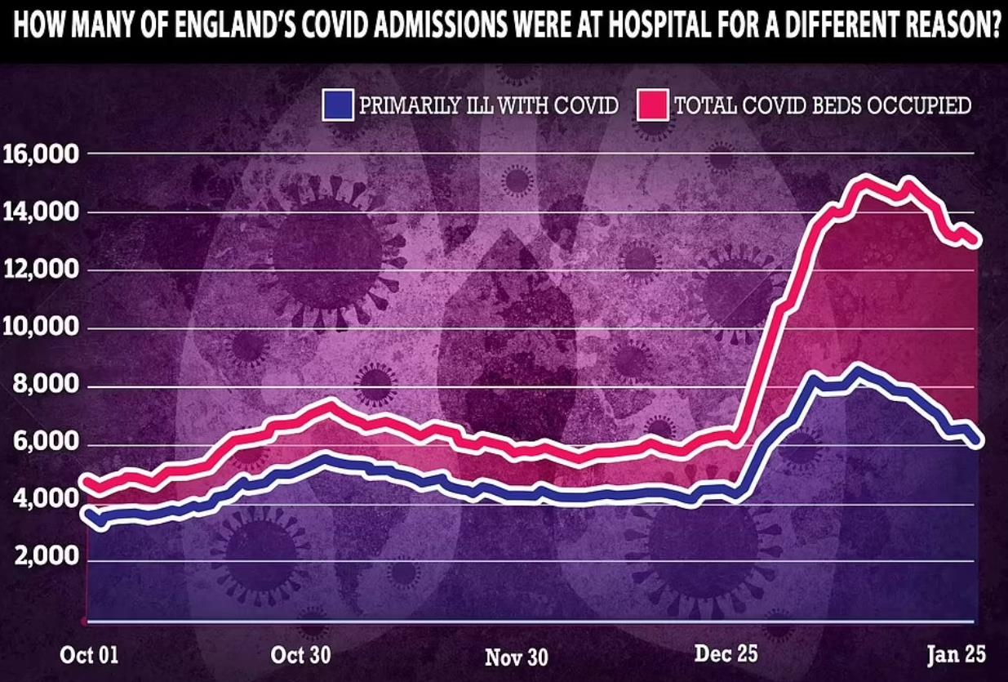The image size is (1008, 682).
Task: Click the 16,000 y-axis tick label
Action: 42,154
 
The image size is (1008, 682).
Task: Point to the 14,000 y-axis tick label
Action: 42,212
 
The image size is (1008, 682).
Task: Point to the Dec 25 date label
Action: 726,654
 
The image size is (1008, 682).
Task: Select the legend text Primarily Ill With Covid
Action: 487,105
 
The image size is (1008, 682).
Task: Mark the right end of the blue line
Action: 978,439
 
